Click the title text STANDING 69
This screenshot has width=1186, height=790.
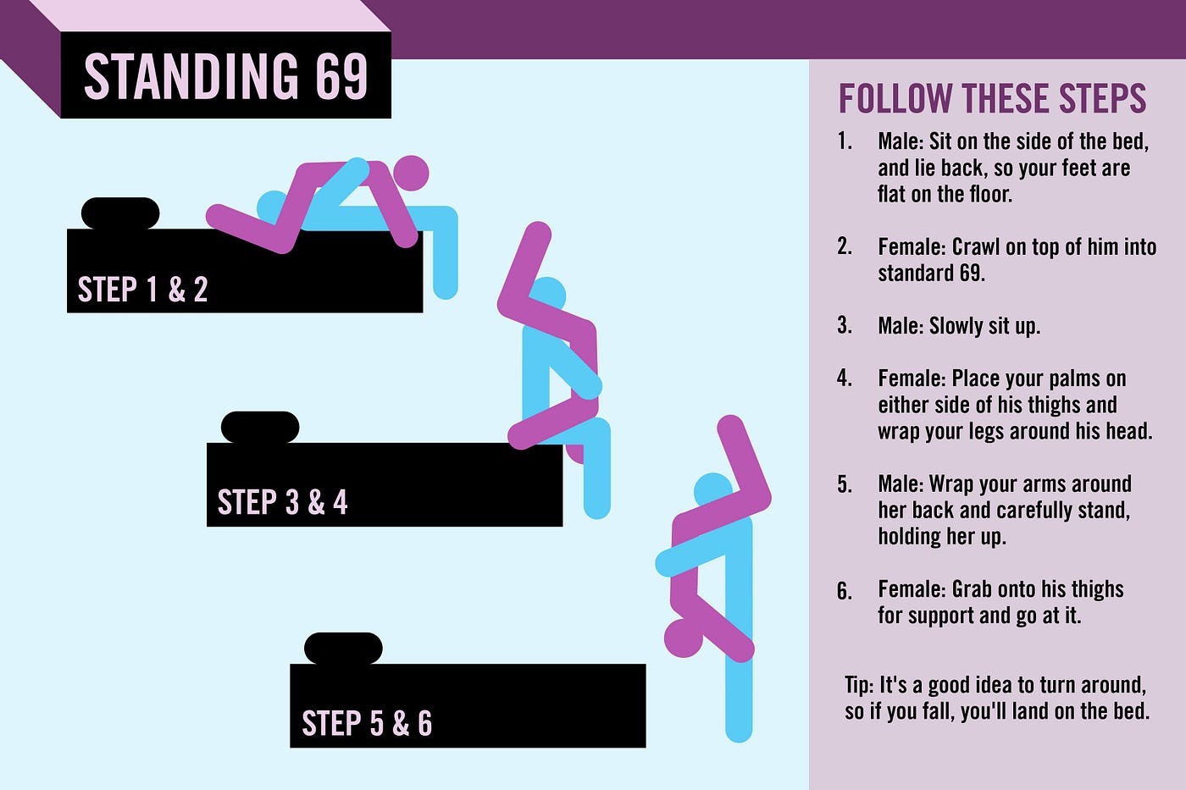click(x=226, y=75)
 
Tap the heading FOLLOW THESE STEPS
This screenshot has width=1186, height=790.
click(x=992, y=98)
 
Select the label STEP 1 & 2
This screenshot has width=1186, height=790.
click(x=142, y=289)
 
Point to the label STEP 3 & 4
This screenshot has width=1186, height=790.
click(x=282, y=501)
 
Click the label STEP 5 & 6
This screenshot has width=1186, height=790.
click(x=367, y=723)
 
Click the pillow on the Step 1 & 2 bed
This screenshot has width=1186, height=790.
click(x=120, y=213)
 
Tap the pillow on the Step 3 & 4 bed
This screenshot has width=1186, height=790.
click(x=260, y=427)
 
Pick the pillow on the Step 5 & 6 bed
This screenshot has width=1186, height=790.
click(x=343, y=649)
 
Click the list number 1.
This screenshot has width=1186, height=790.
click(x=844, y=141)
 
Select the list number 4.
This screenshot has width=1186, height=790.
click(x=844, y=378)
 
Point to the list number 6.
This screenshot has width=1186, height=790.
click(x=844, y=590)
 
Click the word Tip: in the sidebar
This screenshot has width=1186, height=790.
click(x=859, y=685)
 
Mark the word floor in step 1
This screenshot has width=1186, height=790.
click(x=990, y=194)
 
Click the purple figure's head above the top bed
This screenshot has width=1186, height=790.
click(x=410, y=173)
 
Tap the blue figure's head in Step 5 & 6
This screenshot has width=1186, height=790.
click(x=713, y=490)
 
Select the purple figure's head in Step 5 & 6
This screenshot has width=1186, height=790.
click(x=684, y=638)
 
